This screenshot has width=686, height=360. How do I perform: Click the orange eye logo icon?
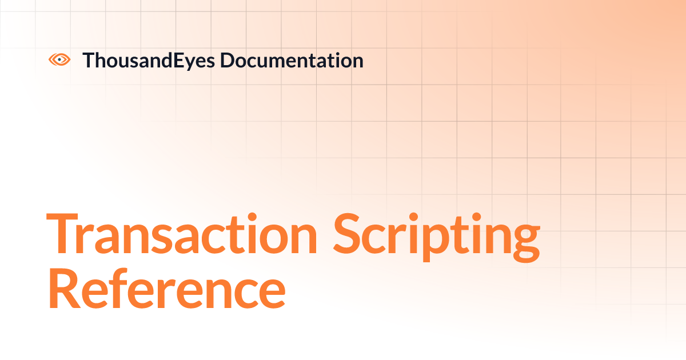tap(59, 59)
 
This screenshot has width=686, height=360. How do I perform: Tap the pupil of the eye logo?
tap(59, 59)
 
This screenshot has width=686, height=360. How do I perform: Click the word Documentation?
tap(292, 60)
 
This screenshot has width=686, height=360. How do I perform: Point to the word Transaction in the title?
tap(182, 234)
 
